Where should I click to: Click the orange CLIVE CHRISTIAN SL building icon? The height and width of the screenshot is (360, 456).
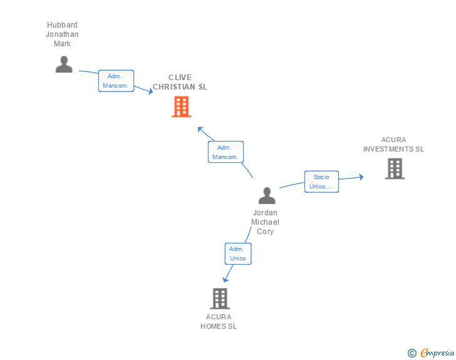point(181,106)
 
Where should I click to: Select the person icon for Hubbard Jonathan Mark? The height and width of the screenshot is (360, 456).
point(64,64)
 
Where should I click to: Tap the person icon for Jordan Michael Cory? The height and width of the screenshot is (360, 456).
point(267,195)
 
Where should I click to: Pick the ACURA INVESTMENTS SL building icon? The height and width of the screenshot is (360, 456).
point(395,168)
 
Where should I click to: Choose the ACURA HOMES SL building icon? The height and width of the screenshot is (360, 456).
point(220,299)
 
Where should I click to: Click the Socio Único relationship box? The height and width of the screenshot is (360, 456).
point(322,182)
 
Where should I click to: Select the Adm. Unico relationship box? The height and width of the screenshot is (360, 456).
point(238,254)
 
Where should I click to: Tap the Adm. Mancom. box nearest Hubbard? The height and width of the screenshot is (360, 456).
point(116,81)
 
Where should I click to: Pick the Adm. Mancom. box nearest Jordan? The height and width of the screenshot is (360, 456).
point(225,152)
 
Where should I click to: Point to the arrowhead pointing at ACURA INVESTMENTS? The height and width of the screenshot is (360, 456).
point(361,177)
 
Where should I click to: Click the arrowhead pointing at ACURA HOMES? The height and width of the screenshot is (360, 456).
point(225,279)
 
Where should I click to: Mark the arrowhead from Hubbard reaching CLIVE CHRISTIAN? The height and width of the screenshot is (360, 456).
point(150,91)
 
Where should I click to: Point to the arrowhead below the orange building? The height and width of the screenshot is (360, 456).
point(200,130)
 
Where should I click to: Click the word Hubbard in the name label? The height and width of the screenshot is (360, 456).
point(62,24)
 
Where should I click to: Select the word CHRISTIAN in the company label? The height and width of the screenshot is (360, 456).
point(174,86)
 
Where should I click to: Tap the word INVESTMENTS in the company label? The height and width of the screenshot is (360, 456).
point(388,149)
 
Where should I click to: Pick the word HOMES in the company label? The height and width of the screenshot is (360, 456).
point(213,326)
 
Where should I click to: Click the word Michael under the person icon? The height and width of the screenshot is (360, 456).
point(265,222)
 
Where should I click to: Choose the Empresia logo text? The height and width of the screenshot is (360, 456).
point(437,352)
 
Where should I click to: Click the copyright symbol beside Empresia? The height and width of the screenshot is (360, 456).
point(412,353)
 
